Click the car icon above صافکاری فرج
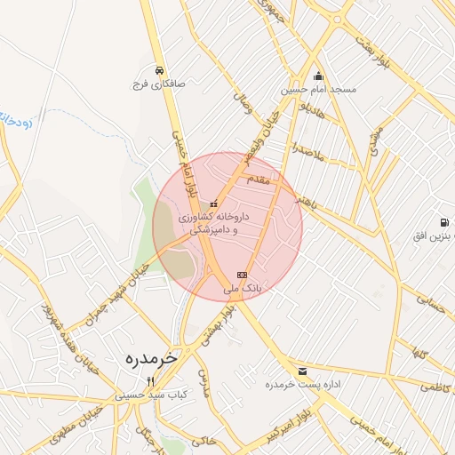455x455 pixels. (158, 70)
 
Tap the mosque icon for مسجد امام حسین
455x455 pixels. (318, 76)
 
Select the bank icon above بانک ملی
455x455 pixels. (242, 275)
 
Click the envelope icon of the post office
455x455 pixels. (302, 371)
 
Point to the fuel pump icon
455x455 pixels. (443, 221)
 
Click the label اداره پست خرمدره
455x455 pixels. (302, 387)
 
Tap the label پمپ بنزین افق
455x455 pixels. (434, 236)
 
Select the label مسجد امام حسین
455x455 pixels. (319, 90)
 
